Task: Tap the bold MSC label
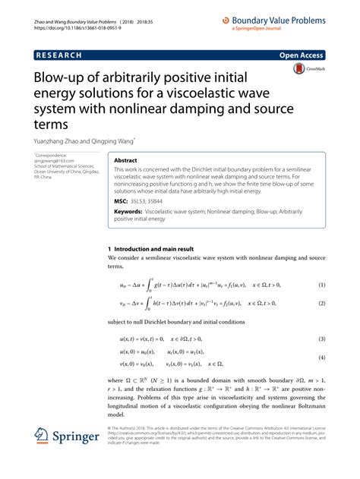(121, 201)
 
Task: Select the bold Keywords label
(128, 213)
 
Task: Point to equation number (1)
(321, 285)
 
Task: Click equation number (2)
(321, 303)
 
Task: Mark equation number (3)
(321, 339)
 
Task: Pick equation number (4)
(321, 358)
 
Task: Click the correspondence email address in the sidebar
(55, 162)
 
